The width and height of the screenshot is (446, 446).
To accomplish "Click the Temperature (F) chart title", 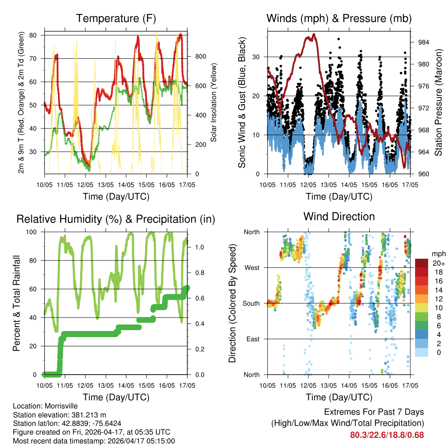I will (116, 18).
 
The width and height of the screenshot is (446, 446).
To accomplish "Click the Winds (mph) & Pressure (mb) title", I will (339, 18).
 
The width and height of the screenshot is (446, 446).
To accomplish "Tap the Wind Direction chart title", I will (339, 216).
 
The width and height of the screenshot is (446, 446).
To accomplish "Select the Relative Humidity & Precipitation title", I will (116, 219).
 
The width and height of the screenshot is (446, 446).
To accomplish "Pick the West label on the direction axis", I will (252, 268).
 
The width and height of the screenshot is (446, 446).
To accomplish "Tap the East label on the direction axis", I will (253, 339).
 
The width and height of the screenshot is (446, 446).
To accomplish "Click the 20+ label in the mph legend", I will (438, 263).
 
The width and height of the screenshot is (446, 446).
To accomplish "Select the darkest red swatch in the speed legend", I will (422, 263).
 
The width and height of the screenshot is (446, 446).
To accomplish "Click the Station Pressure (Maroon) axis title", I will (439, 102).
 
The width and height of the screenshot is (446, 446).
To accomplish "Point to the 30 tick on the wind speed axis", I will (256, 57).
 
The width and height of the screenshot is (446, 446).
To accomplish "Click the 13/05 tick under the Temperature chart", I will (105, 185).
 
